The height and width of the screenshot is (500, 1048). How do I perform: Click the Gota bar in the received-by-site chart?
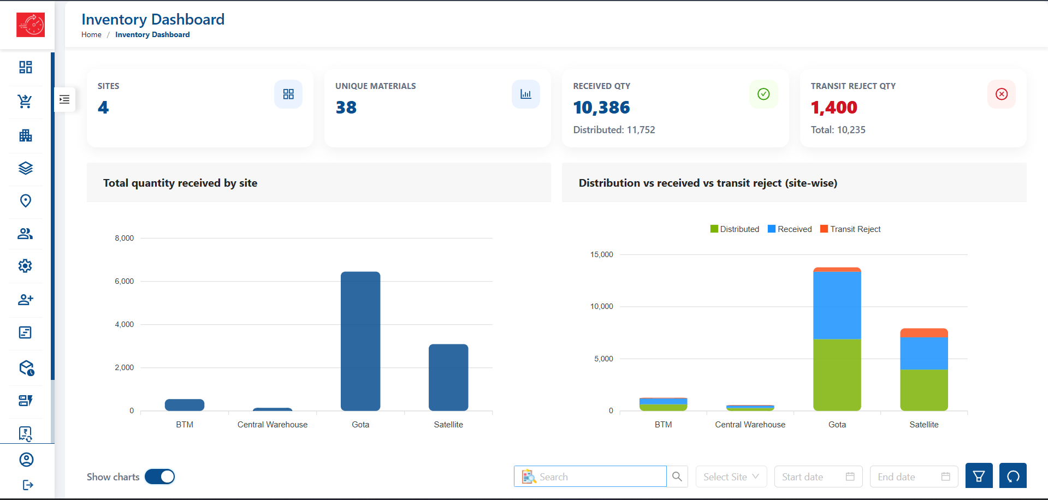click(x=360, y=341)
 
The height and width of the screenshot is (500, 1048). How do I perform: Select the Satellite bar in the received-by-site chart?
click(x=448, y=377)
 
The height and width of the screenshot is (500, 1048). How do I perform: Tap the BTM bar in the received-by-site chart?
click(x=185, y=405)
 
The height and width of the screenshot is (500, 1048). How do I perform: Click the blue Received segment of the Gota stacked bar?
click(x=837, y=305)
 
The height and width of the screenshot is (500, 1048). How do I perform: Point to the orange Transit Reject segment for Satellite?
click(x=924, y=333)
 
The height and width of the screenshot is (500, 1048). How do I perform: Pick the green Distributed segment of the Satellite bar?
click(x=924, y=390)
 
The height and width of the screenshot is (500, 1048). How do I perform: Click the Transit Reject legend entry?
click(x=850, y=229)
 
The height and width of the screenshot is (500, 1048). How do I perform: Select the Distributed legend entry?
click(x=735, y=229)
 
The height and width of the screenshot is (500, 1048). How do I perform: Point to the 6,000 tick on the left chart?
click(x=125, y=281)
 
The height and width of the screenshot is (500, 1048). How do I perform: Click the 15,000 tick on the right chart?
click(x=602, y=254)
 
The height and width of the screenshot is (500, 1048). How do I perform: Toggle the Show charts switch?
click(x=160, y=477)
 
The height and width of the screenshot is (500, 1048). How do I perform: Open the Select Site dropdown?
click(x=731, y=477)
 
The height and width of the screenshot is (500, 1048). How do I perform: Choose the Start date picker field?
click(x=818, y=477)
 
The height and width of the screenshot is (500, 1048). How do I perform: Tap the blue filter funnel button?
click(x=979, y=476)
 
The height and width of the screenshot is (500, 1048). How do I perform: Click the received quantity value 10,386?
click(x=601, y=108)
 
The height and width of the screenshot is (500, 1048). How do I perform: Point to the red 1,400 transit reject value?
click(x=834, y=108)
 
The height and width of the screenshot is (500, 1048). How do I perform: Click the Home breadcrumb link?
click(x=91, y=34)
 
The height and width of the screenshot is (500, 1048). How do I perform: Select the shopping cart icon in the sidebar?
click(x=25, y=102)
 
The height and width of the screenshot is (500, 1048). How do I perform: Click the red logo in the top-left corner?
click(x=31, y=25)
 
